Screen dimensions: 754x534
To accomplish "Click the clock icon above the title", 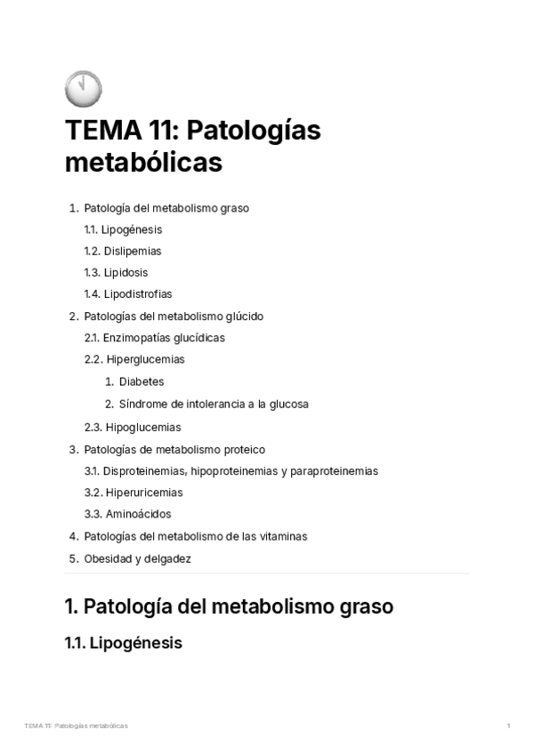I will point(84,90).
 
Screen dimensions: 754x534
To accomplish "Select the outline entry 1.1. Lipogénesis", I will point(123,229).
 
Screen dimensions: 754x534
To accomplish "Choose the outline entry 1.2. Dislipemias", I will point(123,251).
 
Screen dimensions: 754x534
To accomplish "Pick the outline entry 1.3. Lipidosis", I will point(116,272).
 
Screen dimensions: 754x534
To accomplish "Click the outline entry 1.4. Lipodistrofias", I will point(128,293).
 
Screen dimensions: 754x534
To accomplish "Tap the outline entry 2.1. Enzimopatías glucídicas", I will point(154,338).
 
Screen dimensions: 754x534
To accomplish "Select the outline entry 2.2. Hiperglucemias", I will point(134,359).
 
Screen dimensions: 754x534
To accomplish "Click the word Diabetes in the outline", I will point(142,381).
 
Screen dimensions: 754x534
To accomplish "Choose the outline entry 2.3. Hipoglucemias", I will point(133,427).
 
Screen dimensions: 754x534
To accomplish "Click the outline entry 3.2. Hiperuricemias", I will point(133,493).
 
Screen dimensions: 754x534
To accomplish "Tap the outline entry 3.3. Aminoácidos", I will point(127,514).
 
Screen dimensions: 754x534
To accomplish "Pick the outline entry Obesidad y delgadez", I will point(137,559).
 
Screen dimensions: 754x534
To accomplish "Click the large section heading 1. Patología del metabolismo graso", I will point(229,607).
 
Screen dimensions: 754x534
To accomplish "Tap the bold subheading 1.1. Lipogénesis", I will point(124,643).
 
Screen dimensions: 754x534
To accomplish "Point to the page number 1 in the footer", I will point(508,726).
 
